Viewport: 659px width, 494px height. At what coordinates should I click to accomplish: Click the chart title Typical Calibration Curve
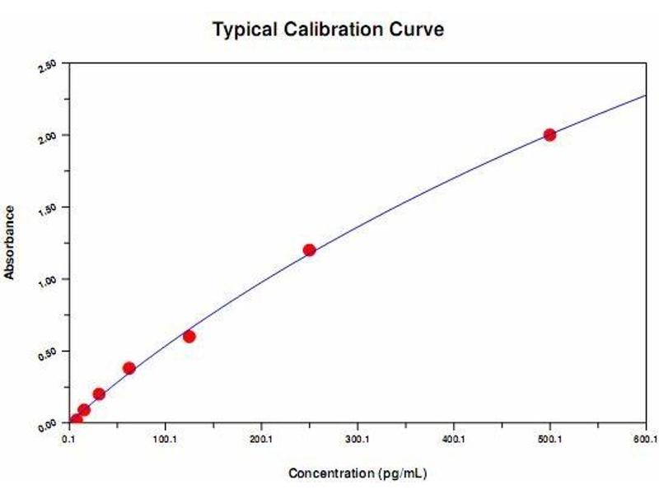(329, 30)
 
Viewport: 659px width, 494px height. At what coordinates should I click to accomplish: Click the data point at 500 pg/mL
(549, 135)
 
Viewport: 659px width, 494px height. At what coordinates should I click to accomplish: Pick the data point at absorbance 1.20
(309, 250)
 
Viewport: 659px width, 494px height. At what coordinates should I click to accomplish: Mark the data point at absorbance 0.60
(189, 336)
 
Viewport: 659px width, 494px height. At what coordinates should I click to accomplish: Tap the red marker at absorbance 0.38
(129, 368)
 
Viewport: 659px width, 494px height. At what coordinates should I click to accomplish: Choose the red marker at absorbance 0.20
(99, 394)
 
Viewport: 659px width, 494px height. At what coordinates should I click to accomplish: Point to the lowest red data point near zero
(77, 420)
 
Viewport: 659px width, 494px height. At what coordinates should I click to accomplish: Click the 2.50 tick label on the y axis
(49, 65)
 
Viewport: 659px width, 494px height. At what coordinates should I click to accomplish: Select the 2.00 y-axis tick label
(49, 137)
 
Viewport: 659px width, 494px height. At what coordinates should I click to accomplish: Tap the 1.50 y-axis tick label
(49, 209)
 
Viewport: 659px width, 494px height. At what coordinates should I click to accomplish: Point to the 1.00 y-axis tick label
(49, 281)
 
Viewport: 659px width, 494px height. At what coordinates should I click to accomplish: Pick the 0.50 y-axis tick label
(49, 353)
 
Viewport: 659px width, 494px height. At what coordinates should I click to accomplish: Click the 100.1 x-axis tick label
(165, 439)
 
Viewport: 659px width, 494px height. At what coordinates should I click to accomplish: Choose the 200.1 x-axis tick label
(261, 439)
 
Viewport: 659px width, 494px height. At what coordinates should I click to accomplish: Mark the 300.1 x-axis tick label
(358, 439)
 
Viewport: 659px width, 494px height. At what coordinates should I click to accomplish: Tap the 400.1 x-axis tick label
(453, 439)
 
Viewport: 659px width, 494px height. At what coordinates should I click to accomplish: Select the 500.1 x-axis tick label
(549, 439)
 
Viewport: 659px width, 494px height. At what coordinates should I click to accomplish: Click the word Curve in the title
(418, 30)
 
